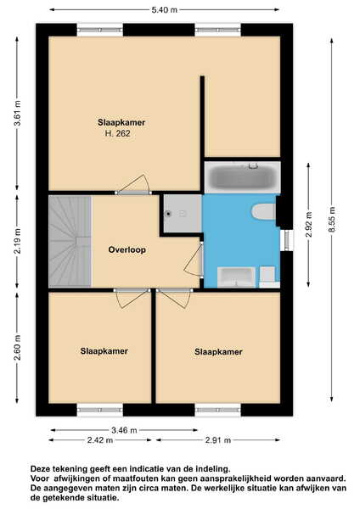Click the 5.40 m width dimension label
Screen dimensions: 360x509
[165, 9]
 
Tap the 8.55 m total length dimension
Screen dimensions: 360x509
[332, 220]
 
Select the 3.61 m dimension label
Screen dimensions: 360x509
[17, 114]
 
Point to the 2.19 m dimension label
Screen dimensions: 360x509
[17, 241]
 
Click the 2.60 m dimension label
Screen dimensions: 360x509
[17, 347]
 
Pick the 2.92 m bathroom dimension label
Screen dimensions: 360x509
[309, 225]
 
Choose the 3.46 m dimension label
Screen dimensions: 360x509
[124, 430]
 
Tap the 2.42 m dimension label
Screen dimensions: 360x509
[100, 440]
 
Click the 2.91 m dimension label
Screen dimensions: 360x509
[218, 440]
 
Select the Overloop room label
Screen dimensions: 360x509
[127, 249]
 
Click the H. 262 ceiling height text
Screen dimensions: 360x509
[118, 133]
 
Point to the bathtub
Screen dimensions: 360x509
[242, 177]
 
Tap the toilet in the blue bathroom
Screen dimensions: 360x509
[263, 211]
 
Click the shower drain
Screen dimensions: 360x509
[168, 214]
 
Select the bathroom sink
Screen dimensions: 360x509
[236, 277]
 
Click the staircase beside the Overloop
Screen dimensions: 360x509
[70, 241]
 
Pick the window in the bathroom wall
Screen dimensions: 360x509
[287, 240]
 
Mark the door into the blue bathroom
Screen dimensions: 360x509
[194, 259]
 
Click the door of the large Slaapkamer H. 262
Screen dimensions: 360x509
[133, 185]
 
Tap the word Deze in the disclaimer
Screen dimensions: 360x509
[39, 469]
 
